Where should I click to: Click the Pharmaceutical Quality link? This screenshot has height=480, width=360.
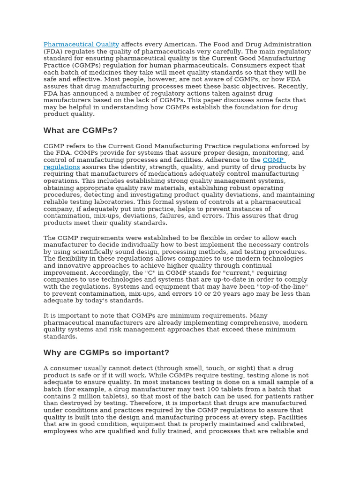coord(81,45)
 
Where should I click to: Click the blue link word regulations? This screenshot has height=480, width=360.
coord(61,167)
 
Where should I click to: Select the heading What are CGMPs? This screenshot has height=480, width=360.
coord(81,130)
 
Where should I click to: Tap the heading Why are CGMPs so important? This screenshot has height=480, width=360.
coord(106,352)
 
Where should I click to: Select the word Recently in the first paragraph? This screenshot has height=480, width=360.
coord(293,86)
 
